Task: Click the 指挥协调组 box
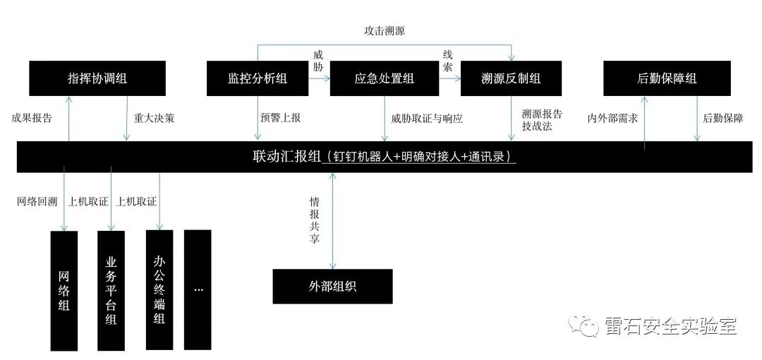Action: pos(97,78)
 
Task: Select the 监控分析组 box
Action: pos(258,78)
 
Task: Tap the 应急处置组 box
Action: pos(385,78)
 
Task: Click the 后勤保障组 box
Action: pos(667,78)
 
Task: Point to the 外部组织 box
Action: pos(332,287)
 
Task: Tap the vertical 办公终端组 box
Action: pos(159,289)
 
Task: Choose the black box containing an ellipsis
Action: pos(198,289)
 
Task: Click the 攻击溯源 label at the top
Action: pos(384,31)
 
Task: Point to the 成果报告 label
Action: pos(32,118)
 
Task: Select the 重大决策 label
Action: pos(154,118)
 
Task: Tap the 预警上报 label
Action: pos(280,118)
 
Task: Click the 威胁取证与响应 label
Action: pos(427,118)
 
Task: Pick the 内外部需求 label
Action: pos(612,118)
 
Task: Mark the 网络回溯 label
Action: pos(37,202)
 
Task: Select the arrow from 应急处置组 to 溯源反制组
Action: pos(449,79)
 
